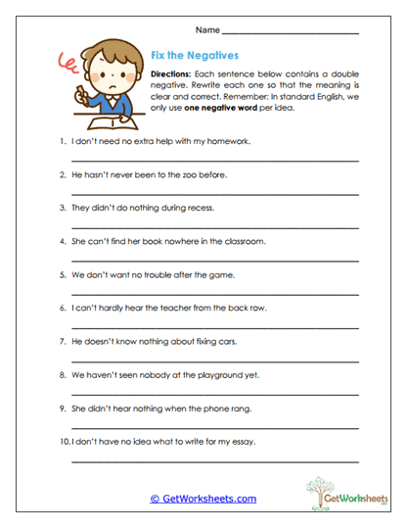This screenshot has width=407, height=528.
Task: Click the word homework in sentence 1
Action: [x=226, y=141]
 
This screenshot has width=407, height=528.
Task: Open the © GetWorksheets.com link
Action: [x=203, y=499]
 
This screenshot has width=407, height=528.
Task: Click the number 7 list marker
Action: [x=62, y=342]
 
